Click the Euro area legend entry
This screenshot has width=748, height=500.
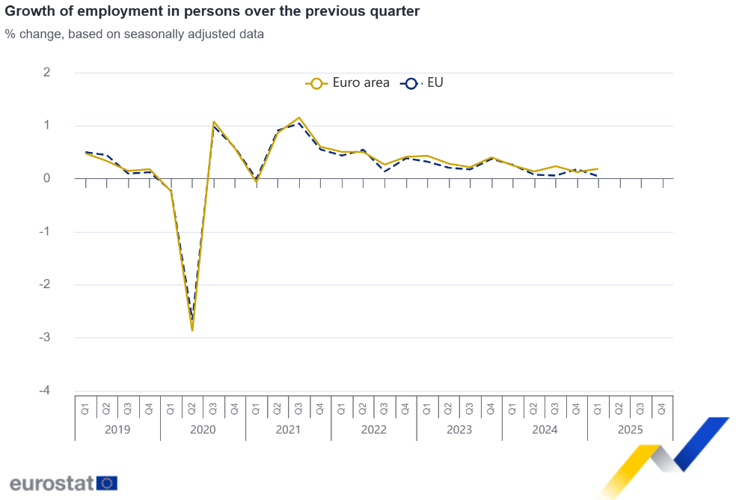pyautogui.click(x=348, y=83)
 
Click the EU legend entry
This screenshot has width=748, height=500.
pyautogui.click(x=423, y=83)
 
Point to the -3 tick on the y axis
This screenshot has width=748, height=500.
pyautogui.click(x=46, y=338)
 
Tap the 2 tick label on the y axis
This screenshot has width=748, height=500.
pyautogui.click(x=46, y=73)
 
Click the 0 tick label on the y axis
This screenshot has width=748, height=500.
pyautogui.click(x=46, y=178)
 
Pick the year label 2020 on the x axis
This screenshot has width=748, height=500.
pyautogui.click(x=203, y=430)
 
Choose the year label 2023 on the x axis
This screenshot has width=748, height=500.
pyautogui.click(x=459, y=430)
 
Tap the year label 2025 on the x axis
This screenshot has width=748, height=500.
pyautogui.click(x=630, y=430)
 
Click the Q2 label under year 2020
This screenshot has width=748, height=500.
pyautogui.click(x=192, y=409)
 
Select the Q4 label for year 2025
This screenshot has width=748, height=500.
pyautogui.click(x=662, y=409)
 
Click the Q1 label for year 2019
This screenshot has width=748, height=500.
pyautogui.click(x=85, y=409)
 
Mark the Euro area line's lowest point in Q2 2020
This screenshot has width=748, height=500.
pyautogui.click(x=192, y=329)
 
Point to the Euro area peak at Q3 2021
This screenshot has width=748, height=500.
pyautogui.click(x=299, y=118)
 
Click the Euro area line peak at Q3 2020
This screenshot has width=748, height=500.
pyautogui.click(x=214, y=121)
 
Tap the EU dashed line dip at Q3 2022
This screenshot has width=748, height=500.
pyautogui.click(x=384, y=171)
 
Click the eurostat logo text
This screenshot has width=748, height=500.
pyautogui.click(x=51, y=483)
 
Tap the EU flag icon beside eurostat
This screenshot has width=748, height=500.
pyautogui.click(x=107, y=483)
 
